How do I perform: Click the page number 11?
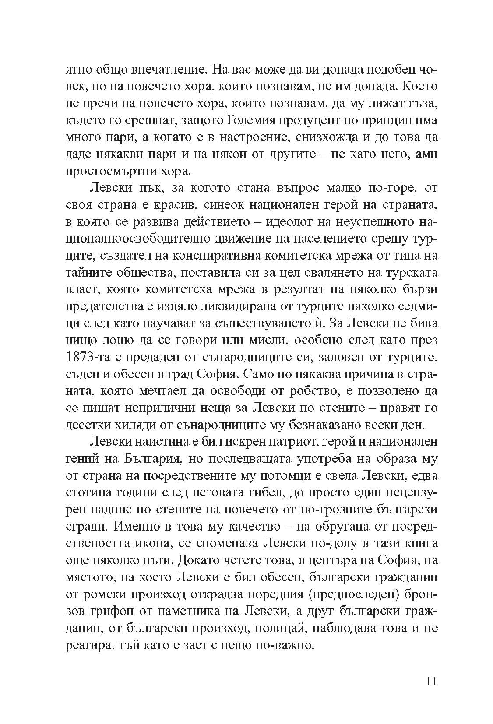coord(430,682)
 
